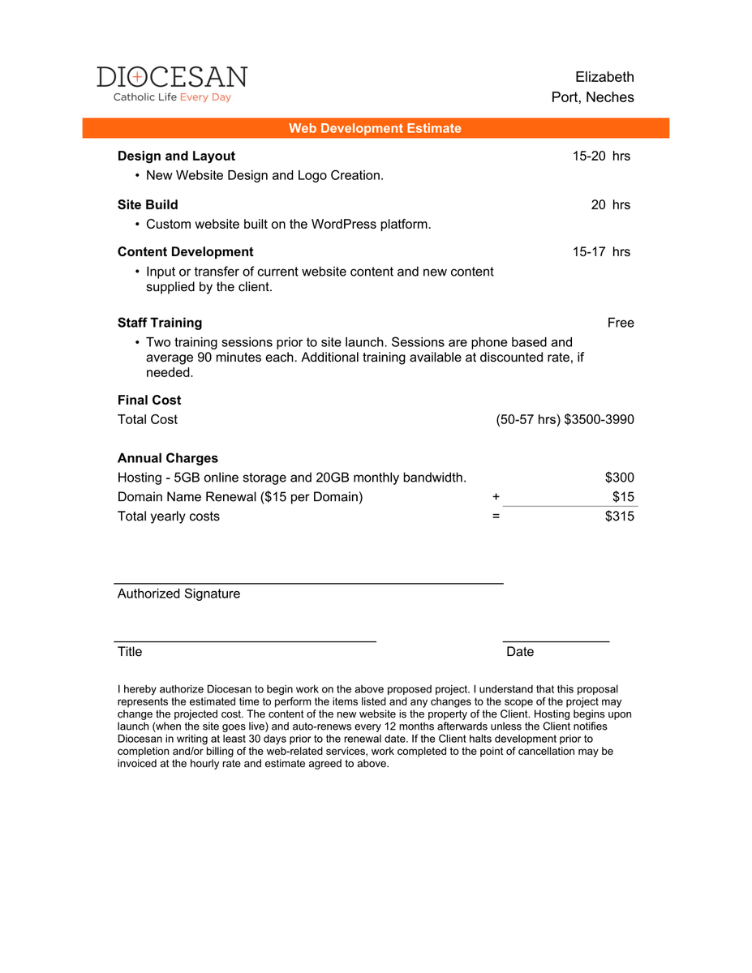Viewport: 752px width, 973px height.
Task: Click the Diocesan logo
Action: tap(172, 84)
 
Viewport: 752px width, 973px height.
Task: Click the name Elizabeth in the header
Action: tap(604, 77)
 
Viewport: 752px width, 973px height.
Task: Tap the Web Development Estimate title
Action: tap(375, 128)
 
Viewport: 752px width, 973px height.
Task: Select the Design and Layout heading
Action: tap(176, 156)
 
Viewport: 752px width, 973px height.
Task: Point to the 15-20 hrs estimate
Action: tap(601, 156)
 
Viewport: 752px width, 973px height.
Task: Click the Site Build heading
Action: tap(148, 204)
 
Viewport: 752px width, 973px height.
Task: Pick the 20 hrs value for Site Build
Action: tap(610, 204)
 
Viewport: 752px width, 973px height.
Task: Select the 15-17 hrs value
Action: tap(601, 251)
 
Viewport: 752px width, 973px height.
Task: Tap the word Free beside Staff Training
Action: tap(621, 323)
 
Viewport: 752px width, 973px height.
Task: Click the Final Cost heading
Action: tap(149, 400)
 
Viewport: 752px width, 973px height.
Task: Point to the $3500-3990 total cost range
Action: tap(599, 419)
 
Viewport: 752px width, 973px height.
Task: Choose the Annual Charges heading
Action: tap(168, 458)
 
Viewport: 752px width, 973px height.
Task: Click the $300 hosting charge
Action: tap(620, 478)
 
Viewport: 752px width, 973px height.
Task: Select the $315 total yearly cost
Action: tap(620, 517)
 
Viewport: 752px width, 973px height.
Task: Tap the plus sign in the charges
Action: tap(496, 497)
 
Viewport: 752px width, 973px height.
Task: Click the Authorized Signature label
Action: tap(178, 594)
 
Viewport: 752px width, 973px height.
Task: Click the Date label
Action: tap(520, 652)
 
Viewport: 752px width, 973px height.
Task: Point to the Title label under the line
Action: tap(130, 652)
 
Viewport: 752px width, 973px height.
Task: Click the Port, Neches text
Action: tap(592, 97)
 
